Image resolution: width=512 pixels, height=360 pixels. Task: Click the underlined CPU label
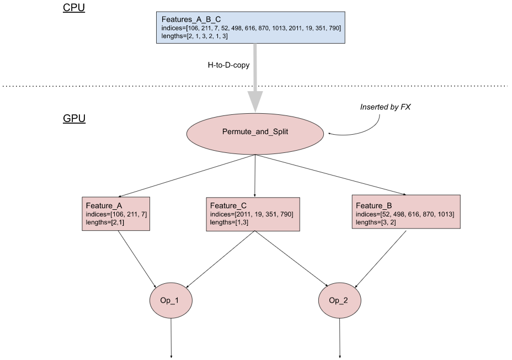[73, 8]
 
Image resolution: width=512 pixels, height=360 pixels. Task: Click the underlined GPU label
[74, 118]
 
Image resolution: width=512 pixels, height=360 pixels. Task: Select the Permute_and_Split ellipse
[255, 133]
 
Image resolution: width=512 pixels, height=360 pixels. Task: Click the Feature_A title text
[104, 206]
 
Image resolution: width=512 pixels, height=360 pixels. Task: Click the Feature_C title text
[228, 206]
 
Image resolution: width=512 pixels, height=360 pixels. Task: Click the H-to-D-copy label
[228, 65]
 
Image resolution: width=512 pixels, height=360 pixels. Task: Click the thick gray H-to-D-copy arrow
[255, 77]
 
